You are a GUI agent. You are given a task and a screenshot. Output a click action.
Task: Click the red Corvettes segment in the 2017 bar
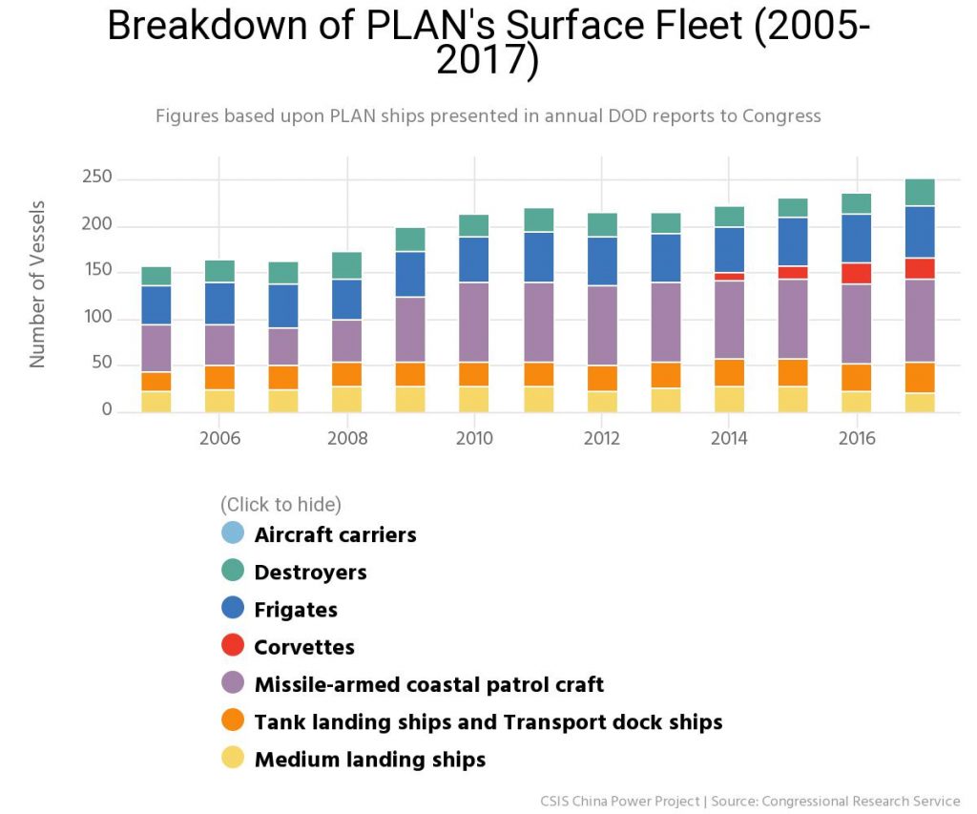pyautogui.click(x=920, y=269)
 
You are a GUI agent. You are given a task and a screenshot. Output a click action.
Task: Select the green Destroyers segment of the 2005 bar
pyautogui.click(x=156, y=276)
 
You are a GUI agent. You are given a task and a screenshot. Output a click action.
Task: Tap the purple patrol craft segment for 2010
pyautogui.click(x=474, y=323)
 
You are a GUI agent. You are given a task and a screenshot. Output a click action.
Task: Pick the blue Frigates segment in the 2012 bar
pyautogui.click(x=602, y=261)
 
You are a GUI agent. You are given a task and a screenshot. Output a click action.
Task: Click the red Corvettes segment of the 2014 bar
pyautogui.click(x=729, y=276)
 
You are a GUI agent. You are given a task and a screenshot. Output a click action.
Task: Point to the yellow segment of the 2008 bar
pyautogui.click(x=346, y=399)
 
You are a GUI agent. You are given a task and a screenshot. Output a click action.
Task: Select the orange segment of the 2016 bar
pyautogui.click(x=856, y=377)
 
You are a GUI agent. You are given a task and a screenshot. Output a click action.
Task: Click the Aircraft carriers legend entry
pyautogui.click(x=319, y=534)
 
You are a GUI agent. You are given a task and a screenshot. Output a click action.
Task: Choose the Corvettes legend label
pyautogui.click(x=304, y=647)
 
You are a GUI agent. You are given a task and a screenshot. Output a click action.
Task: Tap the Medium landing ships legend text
pyautogui.click(x=370, y=760)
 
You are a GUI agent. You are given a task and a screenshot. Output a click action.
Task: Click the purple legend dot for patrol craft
pyautogui.click(x=233, y=682)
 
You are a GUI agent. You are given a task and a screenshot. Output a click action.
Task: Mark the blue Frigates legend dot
pyautogui.click(x=233, y=608)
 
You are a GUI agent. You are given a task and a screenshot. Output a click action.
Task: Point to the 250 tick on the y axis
pyautogui.click(x=97, y=177)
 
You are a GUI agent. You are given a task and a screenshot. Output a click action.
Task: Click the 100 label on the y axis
pyautogui.click(x=97, y=317)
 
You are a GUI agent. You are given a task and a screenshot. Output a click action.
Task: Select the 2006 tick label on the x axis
pyautogui.click(x=220, y=438)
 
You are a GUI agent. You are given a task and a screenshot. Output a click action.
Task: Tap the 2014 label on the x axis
pyautogui.click(x=729, y=438)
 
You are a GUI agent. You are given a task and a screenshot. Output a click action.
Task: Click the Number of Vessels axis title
pyautogui.click(x=37, y=284)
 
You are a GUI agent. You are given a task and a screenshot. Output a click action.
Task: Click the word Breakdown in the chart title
pyautogui.click(x=207, y=26)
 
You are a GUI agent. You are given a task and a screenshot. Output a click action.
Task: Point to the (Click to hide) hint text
pyautogui.click(x=281, y=504)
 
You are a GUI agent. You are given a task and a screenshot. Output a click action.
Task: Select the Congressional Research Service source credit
pyautogui.click(x=861, y=801)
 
